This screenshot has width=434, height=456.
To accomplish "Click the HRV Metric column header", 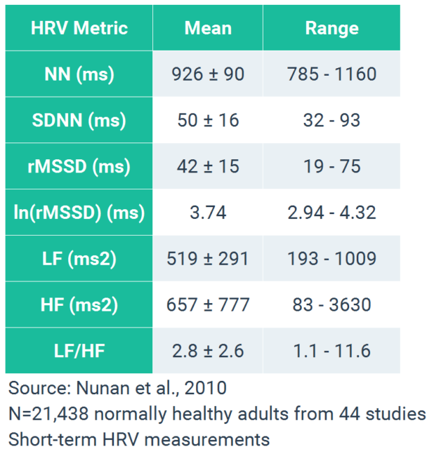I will [x=79, y=28].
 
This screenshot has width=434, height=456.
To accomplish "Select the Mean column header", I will [x=208, y=28].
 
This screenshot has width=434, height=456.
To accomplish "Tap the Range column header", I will [x=331, y=28].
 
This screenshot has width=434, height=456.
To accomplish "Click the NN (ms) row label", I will [x=79, y=74].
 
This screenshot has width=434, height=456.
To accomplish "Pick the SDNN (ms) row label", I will [x=79, y=120].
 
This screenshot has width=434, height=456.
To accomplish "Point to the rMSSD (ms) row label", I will [x=79, y=166].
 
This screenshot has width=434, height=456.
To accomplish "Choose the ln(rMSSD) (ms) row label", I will [x=79, y=213].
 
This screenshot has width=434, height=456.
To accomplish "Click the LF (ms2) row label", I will [x=79, y=259].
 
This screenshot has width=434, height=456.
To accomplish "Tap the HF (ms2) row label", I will [x=79, y=305].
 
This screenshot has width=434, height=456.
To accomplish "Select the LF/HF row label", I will [x=79, y=351].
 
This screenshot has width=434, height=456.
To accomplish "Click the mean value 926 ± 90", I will [x=208, y=74].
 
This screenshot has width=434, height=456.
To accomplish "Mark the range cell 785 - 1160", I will [x=331, y=74].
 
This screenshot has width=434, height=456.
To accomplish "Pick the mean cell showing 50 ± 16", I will [x=208, y=120].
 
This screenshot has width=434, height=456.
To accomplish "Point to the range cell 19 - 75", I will [x=331, y=166].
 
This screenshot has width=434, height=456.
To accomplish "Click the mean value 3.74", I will [x=208, y=213].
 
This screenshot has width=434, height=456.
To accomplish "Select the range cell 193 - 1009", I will [x=331, y=259].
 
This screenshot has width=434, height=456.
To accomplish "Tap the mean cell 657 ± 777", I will [x=208, y=305].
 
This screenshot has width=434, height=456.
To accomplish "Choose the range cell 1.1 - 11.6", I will [x=331, y=351].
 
